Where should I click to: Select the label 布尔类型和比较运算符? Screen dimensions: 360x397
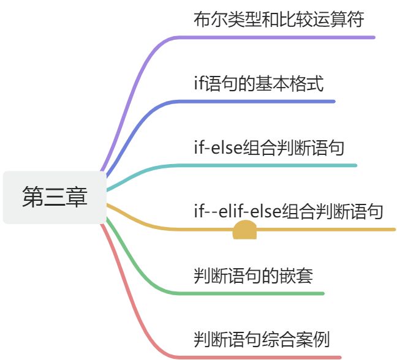coord(279,19)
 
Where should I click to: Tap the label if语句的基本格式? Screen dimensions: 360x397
coord(258,83)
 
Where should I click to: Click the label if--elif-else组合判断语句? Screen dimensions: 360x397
coord(289,211)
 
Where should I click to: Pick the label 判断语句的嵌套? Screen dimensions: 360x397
coord(253,276)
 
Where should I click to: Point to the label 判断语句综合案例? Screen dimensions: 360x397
coord(262,339)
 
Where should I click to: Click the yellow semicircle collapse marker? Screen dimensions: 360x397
coord(244,232)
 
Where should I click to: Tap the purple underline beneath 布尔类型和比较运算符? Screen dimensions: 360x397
coord(282,37)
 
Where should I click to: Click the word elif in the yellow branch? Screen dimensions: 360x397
coord(230,211)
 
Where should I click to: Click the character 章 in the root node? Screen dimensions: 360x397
coord(77,197)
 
